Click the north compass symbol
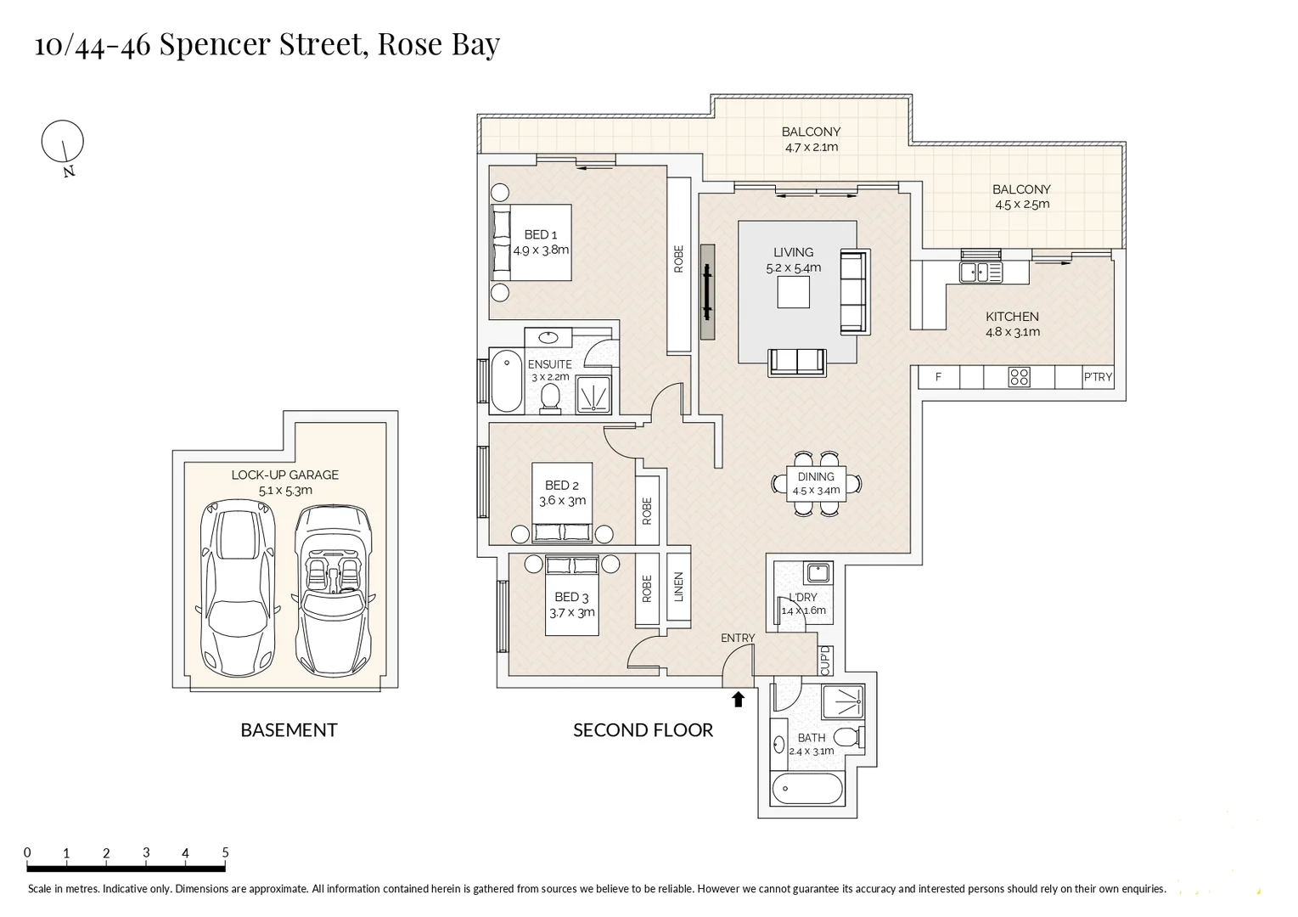click(63, 142)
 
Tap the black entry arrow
click(738, 699)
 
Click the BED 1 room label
click(541, 234)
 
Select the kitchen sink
click(981, 272)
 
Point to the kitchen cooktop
click(1019, 377)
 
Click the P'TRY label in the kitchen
click(1098, 377)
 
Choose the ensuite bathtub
click(507, 381)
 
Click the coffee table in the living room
click(794, 293)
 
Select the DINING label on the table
click(815, 477)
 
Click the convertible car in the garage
click(334, 589)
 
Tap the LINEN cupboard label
click(678, 587)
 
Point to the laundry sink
click(818, 571)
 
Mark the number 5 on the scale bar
click(225, 852)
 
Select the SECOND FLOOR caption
click(643, 730)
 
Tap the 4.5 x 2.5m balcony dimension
click(1022, 205)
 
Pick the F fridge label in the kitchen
click(938, 377)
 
